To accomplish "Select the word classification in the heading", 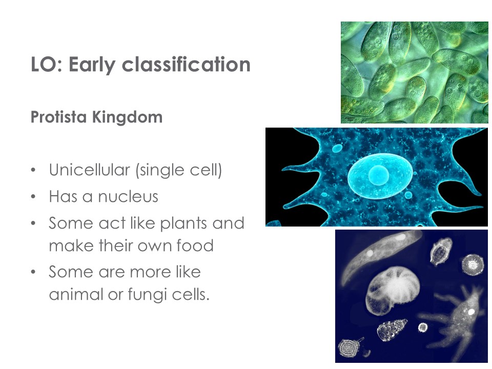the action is pos(186,64).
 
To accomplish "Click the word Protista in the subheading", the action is pos(58,117).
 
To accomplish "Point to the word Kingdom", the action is pos(127,117).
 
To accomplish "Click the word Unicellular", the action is pos(89,170).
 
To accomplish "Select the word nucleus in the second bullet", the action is pos(128,197).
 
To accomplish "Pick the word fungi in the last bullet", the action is pos(147,295).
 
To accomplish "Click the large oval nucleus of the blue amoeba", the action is pos(380,176).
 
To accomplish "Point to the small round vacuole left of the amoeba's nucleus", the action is pos(337,148).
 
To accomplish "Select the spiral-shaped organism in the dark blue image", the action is pos(348,347).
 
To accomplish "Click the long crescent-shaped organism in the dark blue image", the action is pos(381,255).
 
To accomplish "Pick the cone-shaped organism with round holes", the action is pos(392,330).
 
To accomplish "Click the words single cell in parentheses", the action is pos(179,170).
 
